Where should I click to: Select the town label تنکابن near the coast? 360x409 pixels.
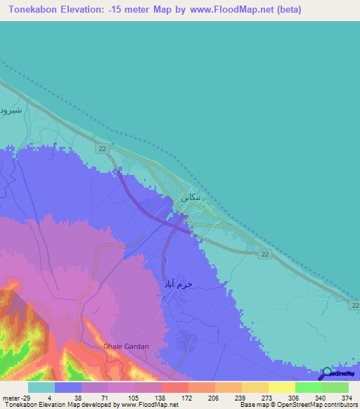(195, 198)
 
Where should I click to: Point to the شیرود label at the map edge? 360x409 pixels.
(12, 110)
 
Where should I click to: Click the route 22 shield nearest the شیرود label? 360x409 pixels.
(103, 149)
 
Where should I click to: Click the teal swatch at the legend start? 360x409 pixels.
(41, 387)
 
